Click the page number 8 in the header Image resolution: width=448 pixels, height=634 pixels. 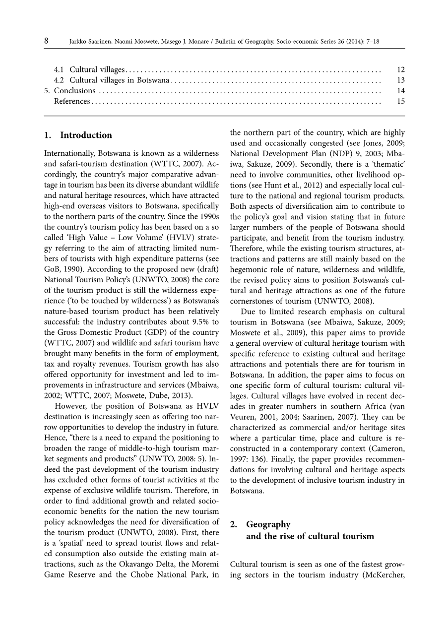tap(46, 41)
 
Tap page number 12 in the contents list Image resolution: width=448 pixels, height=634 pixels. tap(401, 69)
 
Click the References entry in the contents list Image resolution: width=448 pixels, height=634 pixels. tap(72, 101)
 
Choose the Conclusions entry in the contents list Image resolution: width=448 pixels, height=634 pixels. tap(74, 91)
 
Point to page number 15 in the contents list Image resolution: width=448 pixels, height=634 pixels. tap(401, 101)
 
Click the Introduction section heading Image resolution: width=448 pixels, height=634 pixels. tap(86, 135)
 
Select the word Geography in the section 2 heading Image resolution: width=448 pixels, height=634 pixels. tap(268, 524)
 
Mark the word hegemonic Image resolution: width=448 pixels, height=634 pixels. tap(252, 269)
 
